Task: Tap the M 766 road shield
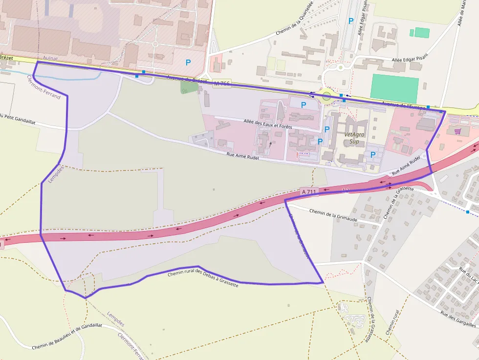point(221,84)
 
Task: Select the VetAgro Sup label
point(355,138)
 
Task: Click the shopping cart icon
point(457,131)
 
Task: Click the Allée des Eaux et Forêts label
point(267,124)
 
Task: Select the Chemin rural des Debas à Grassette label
point(203,279)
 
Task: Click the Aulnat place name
point(50,58)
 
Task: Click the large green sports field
point(394,88)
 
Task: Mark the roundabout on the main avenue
point(327,96)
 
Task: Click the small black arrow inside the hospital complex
point(270,145)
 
